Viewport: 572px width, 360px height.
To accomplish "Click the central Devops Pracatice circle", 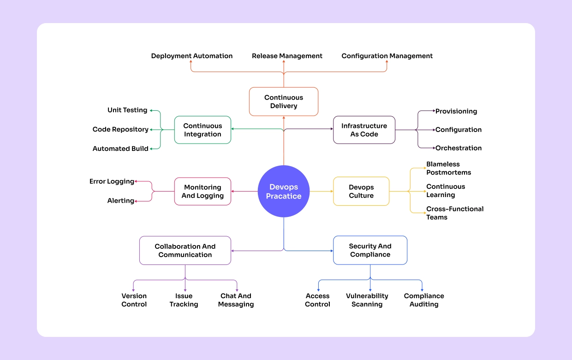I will [x=283, y=191].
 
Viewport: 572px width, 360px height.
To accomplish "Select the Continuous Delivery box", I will [x=283, y=102].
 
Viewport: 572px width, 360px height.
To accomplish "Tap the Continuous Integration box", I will [x=203, y=130].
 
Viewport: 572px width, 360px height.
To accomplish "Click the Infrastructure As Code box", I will [x=364, y=130].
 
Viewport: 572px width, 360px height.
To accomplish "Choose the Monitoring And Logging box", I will [x=203, y=191].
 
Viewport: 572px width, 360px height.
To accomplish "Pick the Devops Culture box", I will [x=361, y=191].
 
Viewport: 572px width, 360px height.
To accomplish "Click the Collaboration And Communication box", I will [x=185, y=250].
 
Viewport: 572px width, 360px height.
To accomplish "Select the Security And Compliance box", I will [x=370, y=250].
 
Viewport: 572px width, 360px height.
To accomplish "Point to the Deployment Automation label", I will [x=192, y=56].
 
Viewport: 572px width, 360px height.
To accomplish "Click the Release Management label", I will [x=287, y=56].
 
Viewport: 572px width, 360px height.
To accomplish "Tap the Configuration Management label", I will [x=387, y=56].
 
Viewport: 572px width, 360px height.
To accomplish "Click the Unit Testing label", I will [x=127, y=110].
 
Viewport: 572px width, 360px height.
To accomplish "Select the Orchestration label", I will [x=459, y=148].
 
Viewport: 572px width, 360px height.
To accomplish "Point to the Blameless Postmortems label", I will [x=448, y=168].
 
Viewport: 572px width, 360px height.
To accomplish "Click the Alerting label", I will [x=121, y=201].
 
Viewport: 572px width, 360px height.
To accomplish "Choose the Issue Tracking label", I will [x=184, y=300].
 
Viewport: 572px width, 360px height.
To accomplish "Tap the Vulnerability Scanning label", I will [x=367, y=300].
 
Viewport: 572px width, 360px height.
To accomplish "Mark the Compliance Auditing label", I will [x=424, y=300].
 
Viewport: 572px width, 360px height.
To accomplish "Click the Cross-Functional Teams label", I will [x=454, y=213].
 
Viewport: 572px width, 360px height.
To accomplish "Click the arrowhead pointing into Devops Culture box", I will [x=331, y=191].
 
